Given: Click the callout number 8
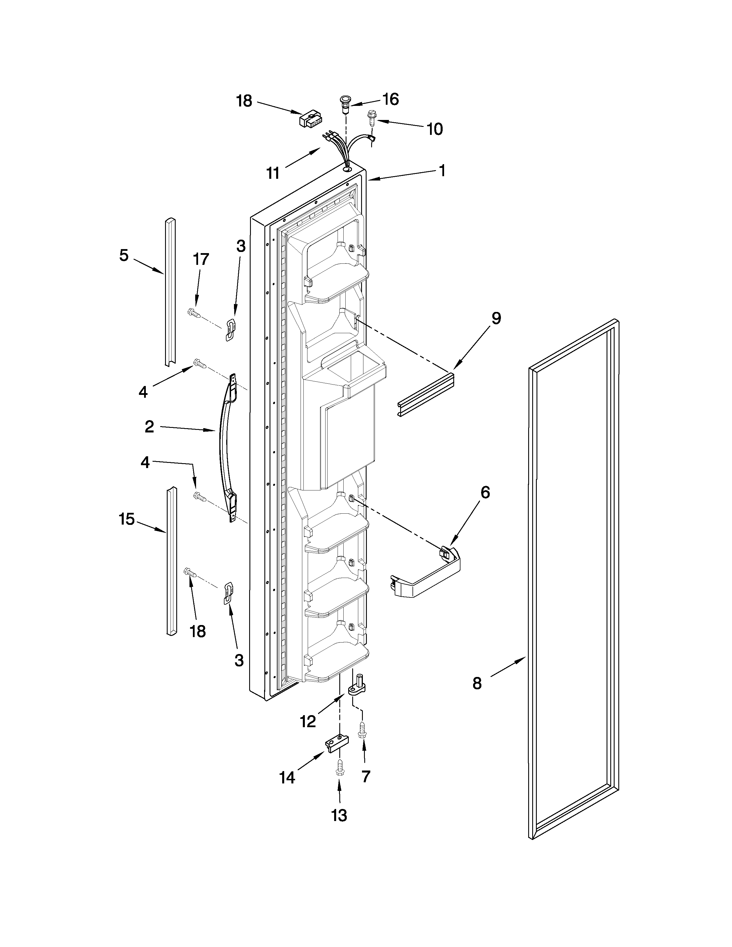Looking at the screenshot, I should (477, 684).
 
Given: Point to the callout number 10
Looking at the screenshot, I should (435, 129).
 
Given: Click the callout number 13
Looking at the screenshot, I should (339, 815).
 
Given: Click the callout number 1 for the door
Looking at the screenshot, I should (442, 170).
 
